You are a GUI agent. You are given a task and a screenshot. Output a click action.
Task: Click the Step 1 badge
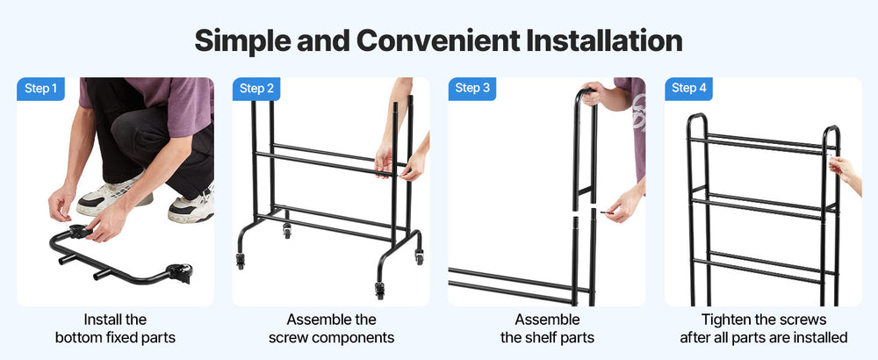pyautogui.click(x=41, y=89)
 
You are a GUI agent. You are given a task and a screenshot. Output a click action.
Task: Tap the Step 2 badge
pyautogui.click(x=256, y=89)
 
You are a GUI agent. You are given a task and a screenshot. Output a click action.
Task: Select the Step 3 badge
pyautogui.click(x=472, y=89)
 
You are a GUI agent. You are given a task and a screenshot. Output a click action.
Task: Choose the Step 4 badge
pyautogui.click(x=688, y=89)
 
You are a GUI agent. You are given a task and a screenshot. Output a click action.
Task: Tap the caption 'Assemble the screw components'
pyautogui.click(x=331, y=328)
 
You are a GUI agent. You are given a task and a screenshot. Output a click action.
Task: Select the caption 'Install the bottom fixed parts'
pyautogui.click(x=115, y=328)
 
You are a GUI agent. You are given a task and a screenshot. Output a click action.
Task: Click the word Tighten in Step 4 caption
pyautogui.click(x=727, y=320)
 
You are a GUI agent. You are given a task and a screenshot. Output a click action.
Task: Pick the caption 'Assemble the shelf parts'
pyautogui.click(x=547, y=328)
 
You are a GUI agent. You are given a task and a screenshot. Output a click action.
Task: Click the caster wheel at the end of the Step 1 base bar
pyautogui.click(x=180, y=273)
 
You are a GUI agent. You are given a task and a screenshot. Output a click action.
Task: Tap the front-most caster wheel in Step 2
pyautogui.click(x=380, y=290)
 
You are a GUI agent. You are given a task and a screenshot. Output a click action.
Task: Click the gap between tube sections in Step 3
pyautogui.click(x=584, y=209)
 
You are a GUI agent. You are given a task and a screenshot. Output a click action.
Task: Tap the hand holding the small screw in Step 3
pyautogui.click(x=624, y=204)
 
